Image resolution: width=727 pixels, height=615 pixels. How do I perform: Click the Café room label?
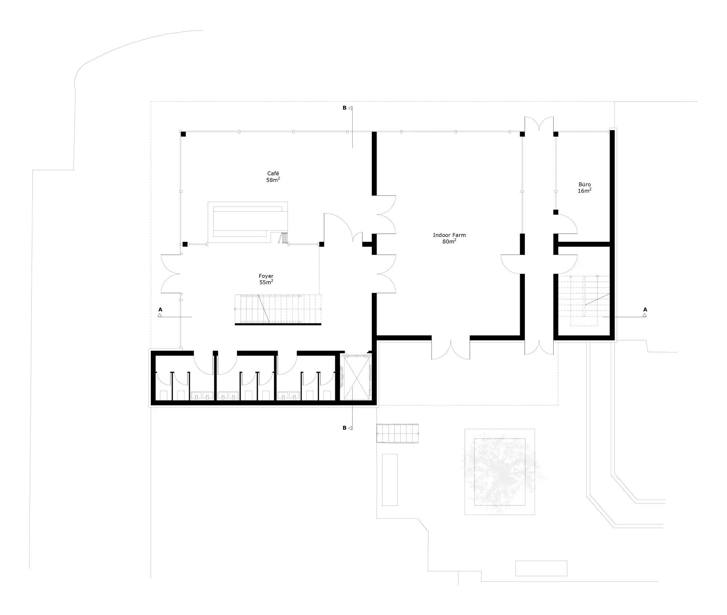tap(273, 173)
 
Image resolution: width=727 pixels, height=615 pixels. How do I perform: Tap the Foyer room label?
tap(266, 276)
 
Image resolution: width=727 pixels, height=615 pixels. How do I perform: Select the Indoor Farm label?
tap(449, 235)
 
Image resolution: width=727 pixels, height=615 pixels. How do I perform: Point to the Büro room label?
tap(585, 184)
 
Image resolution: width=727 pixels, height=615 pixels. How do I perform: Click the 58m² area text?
tap(273, 180)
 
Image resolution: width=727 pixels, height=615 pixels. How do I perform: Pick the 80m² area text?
tap(449, 241)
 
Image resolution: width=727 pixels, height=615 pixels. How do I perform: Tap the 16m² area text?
tap(585, 191)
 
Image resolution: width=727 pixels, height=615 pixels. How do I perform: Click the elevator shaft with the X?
tap(356, 378)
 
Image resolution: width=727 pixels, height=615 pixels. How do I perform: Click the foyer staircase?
tap(278, 309)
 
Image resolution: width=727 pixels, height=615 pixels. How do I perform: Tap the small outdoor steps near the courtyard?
tap(398, 433)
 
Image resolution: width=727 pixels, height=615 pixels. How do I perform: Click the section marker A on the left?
tap(160, 312)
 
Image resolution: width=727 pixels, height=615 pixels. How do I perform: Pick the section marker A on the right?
tap(645, 312)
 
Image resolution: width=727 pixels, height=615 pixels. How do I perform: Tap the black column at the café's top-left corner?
tap(183, 134)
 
